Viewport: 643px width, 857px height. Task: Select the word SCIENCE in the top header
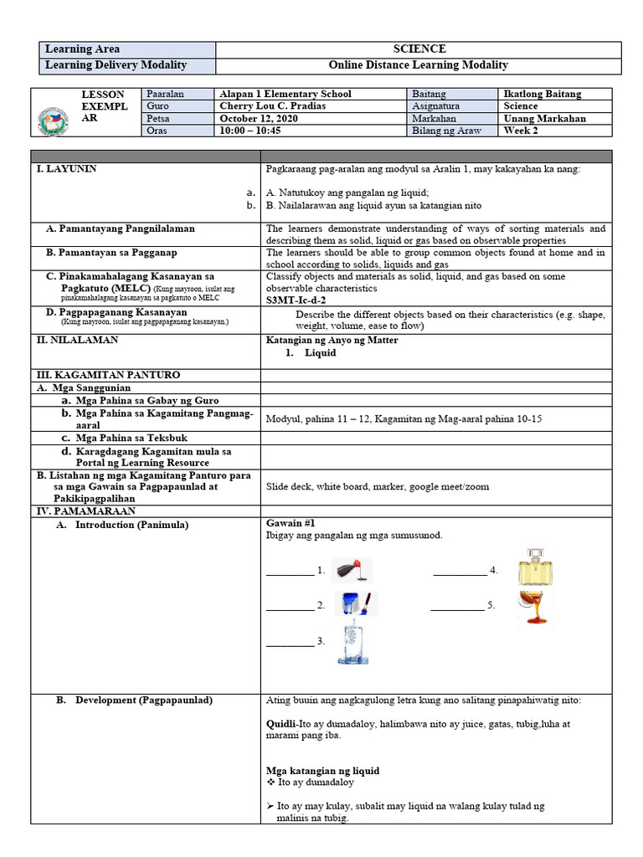[x=419, y=49]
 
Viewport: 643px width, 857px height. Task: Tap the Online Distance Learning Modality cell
[x=419, y=65]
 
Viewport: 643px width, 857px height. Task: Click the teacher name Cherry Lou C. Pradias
[x=273, y=106]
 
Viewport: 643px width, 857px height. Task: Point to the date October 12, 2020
[x=259, y=118]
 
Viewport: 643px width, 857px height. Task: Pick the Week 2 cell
[x=522, y=131]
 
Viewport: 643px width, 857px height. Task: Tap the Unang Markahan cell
[x=545, y=118]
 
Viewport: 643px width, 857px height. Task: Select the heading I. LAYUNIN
[x=67, y=169]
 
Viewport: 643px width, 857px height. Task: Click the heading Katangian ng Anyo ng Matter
[x=332, y=340]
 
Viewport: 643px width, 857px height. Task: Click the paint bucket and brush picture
[x=357, y=603]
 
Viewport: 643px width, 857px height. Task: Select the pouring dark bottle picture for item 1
[x=352, y=570]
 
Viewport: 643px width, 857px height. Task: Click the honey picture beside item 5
[x=535, y=608]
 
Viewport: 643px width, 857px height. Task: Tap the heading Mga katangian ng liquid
[x=322, y=770]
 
